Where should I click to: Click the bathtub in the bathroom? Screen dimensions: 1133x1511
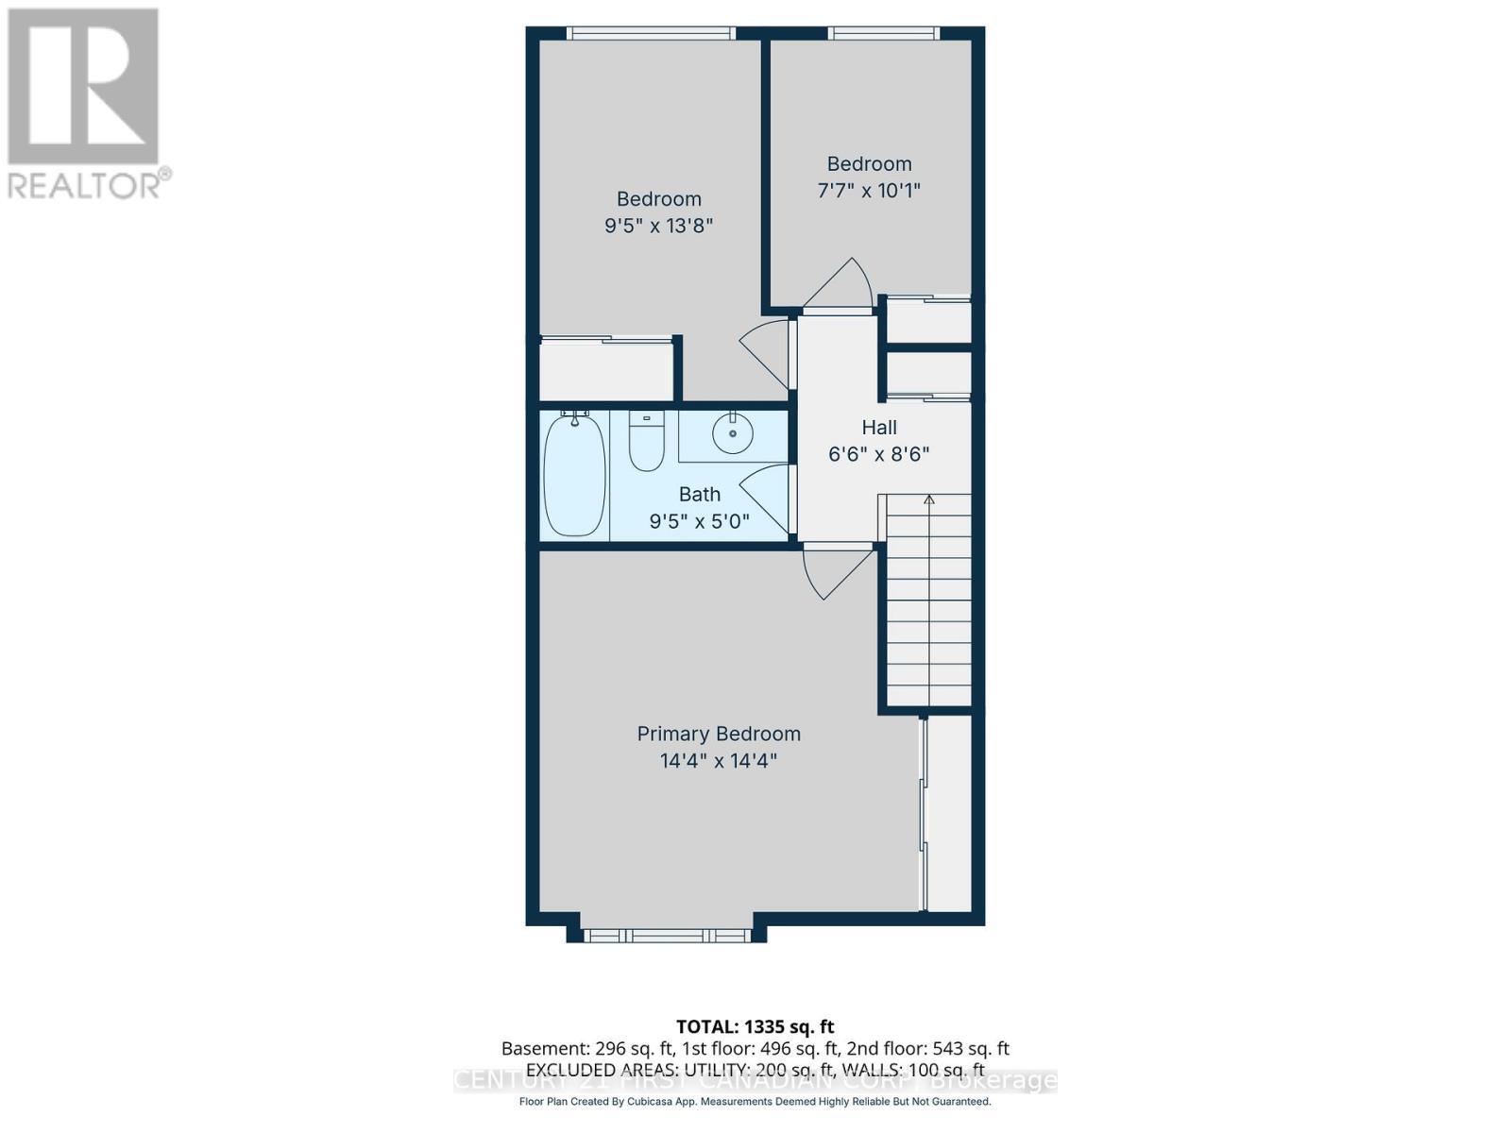574,475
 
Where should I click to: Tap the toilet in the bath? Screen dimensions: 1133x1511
647,444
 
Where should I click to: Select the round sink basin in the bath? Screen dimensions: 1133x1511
732,434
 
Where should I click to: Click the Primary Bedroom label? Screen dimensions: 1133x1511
718,734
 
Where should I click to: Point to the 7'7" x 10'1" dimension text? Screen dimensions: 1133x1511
869,190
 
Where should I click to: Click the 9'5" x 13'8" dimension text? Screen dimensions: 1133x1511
658,226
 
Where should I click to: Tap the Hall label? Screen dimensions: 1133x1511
878,427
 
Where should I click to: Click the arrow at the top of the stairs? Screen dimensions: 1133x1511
929,499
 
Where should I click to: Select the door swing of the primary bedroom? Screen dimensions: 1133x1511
831,571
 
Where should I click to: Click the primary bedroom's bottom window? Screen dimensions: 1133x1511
666,936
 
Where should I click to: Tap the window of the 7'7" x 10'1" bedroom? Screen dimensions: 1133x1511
884,34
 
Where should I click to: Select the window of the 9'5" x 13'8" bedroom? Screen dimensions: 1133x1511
650,34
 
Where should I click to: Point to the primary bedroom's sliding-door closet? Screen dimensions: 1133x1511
948,812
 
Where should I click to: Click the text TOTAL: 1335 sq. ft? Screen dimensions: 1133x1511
755,1026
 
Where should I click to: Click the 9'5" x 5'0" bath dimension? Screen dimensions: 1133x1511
699,520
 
